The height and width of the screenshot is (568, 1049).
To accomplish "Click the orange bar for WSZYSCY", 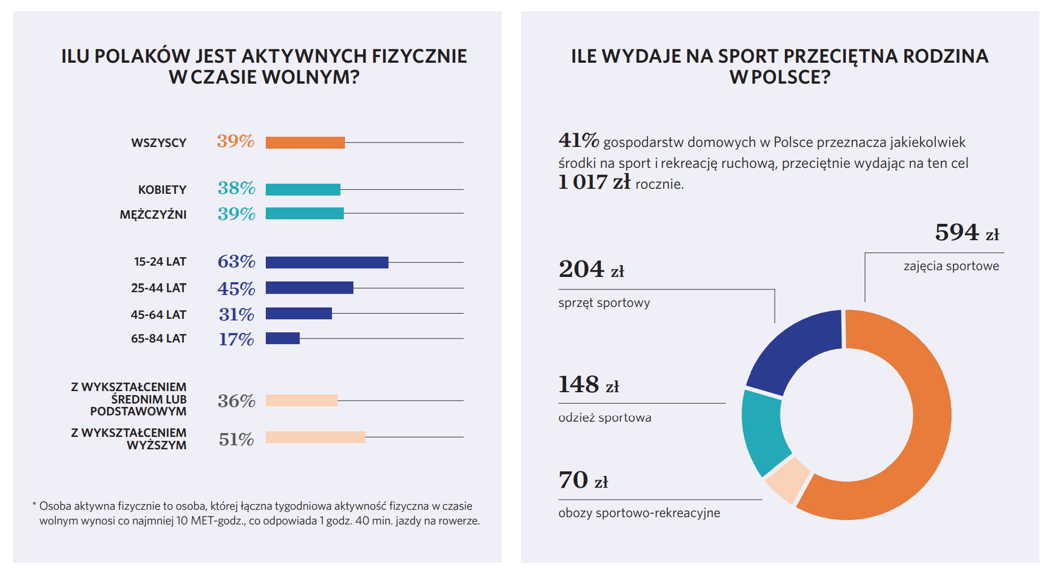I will [x=305, y=142].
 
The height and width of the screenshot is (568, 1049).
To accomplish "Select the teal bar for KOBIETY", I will [x=303, y=189].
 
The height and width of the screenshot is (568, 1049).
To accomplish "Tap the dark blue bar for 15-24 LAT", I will [x=327, y=262].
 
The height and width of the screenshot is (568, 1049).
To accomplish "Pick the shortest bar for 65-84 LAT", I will [x=282, y=338].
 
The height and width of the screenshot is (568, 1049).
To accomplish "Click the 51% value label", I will [x=236, y=439].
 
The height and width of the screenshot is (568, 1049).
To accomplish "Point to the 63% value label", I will [x=236, y=262].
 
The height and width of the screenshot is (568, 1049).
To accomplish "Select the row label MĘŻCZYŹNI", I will [x=153, y=215].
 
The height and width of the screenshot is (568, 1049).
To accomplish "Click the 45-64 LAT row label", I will [x=158, y=315].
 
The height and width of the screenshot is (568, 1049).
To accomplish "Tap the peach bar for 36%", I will [x=301, y=400].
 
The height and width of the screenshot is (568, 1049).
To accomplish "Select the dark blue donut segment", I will [x=795, y=353].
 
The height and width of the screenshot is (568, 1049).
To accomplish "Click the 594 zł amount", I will [x=966, y=233].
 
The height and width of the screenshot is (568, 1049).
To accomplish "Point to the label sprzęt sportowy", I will [x=604, y=303].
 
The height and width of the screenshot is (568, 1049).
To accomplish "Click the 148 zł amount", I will [x=588, y=385].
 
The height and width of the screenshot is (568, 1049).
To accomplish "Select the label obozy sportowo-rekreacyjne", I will [x=639, y=513].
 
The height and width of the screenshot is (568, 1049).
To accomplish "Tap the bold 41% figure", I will [x=579, y=140].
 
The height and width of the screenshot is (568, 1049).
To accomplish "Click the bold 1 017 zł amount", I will [x=594, y=182].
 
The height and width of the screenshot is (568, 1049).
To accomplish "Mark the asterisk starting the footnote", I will [x=34, y=505].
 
